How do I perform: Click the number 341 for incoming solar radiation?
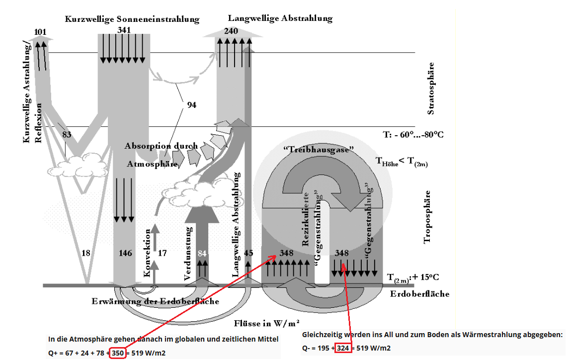point(124,30)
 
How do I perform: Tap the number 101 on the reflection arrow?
point(41,32)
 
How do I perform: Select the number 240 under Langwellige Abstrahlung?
point(231,31)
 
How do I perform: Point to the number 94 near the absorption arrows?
point(191,105)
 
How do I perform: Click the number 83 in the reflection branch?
point(67,134)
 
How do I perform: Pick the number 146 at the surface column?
point(125,253)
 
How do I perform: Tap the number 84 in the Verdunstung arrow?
point(202,253)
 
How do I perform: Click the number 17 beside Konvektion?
point(162,253)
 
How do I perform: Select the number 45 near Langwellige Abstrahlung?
point(248,253)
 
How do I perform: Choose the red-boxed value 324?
point(343,348)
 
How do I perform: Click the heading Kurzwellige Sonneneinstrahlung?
point(132,19)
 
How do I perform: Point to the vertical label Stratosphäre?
point(431,89)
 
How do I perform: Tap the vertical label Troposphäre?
point(427,217)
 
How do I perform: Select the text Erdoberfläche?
point(420,294)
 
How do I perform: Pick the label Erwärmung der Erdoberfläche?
point(156,301)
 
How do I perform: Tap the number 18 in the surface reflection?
point(85,253)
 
